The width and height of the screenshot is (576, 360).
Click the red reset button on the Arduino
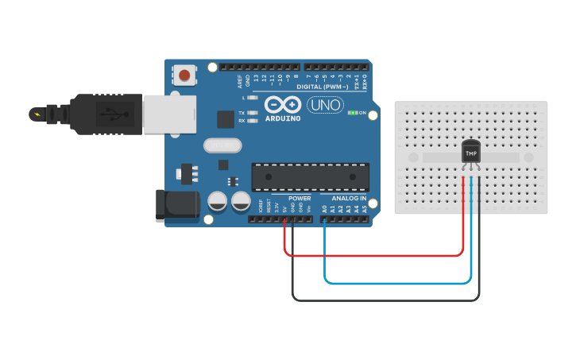[185, 75]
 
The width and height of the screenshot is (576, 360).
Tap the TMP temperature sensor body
[471, 151]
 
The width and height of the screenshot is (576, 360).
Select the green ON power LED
[353, 113]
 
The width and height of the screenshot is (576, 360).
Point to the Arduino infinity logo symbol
[283, 105]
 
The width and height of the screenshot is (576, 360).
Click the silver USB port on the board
[169, 113]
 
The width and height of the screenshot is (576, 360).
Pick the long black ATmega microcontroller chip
[311, 177]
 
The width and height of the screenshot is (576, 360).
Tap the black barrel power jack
[177, 204]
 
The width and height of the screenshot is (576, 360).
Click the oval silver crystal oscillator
[222, 145]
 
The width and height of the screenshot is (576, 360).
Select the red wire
[373, 256]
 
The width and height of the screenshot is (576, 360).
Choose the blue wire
[397, 282]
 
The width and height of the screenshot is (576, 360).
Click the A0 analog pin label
[324, 209]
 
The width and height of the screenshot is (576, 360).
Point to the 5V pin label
[284, 209]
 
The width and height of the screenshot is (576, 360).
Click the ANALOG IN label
[349, 198]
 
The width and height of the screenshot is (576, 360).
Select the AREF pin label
[239, 79]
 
